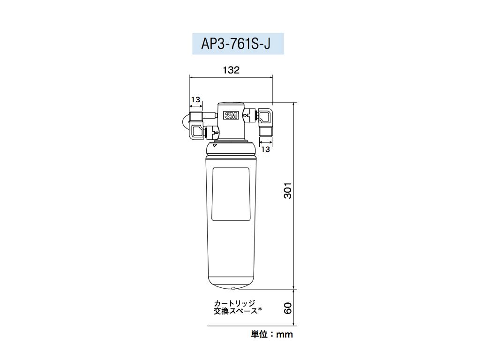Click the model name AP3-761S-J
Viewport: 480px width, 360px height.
click(238, 44)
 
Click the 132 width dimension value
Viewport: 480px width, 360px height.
click(231, 70)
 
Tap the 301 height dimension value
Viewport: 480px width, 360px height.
click(288, 190)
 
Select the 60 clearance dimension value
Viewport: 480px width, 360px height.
click(288, 308)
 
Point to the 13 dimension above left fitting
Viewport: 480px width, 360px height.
click(195, 99)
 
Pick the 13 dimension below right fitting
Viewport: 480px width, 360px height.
click(265, 150)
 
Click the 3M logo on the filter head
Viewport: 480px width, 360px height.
click(231, 115)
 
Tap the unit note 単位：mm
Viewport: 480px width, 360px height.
click(272, 334)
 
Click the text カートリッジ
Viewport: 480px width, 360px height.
click(234, 303)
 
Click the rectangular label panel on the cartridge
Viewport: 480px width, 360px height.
click(231, 193)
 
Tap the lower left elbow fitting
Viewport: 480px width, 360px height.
click(197, 132)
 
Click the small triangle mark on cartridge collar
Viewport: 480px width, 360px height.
click(214, 146)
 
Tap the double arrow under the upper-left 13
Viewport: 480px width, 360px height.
click(195, 106)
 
